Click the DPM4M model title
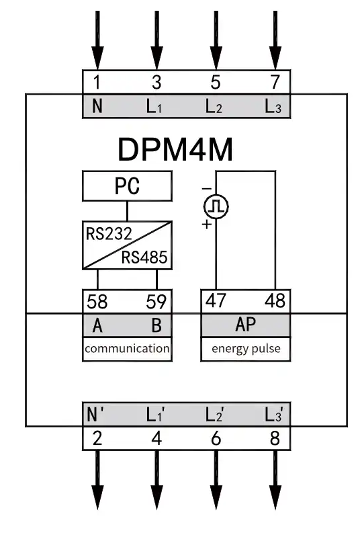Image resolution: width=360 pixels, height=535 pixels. (x=175, y=149)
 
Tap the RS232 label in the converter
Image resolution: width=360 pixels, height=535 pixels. (x=109, y=234)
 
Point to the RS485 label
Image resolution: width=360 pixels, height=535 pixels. (x=144, y=257)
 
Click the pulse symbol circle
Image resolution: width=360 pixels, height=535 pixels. (x=216, y=206)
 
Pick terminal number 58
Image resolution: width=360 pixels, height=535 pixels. (x=97, y=302)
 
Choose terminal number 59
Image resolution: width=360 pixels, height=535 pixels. (x=156, y=302)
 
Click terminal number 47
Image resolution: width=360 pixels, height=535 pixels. (x=216, y=300)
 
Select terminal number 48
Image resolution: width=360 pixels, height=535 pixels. (x=275, y=300)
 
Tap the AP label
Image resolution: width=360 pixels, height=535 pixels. (x=245, y=325)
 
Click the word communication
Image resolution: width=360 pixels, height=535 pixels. (x=127, y=348)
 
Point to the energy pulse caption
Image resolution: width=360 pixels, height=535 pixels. (x=246, y=349)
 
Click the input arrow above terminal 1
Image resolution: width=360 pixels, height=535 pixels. (x=97, y=40)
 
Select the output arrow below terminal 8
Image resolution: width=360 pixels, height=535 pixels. (x=275, y=480)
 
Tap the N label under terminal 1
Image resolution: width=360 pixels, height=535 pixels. (x=97, y=106)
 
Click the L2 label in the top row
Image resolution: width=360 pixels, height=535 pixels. (x=214, y=106)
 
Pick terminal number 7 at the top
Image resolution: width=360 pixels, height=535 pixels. (x=275, y=82)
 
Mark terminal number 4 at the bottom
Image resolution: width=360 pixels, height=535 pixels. (x=156, y=438)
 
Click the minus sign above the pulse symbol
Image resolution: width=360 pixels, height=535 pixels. (x=207, y=188)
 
